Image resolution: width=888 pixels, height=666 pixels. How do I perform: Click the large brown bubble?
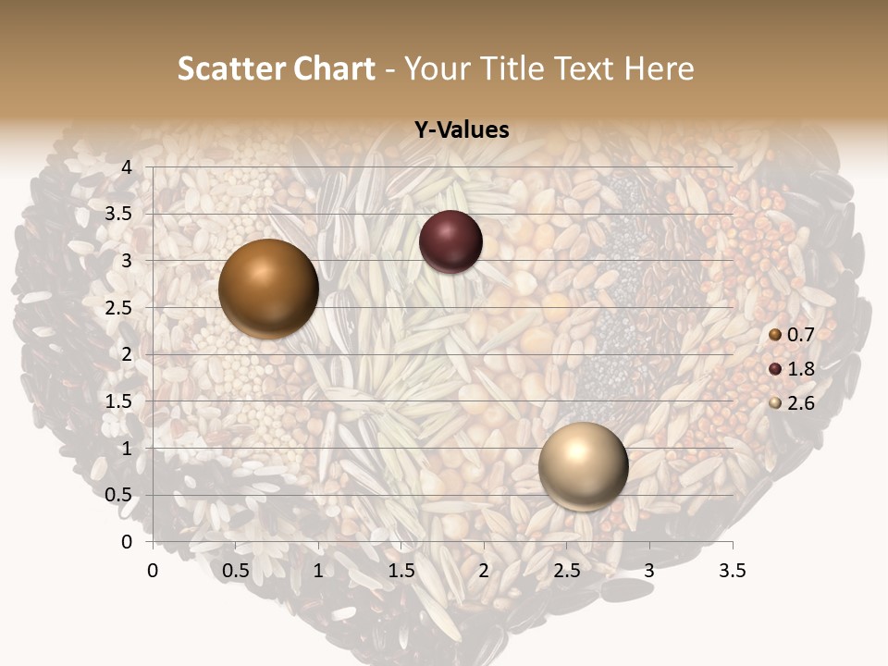tap(268, 289)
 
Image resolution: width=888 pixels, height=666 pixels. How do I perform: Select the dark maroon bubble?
tap(450, 241)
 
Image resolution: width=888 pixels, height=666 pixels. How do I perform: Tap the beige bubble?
tap(583, 466)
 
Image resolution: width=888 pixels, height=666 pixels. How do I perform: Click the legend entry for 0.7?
tap(792, 334)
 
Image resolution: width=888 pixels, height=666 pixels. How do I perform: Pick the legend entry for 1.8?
tap(792, 369)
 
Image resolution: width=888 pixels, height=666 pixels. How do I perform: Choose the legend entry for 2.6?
tap(792, 403)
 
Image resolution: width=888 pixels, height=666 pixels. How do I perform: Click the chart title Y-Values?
tap(461, 130)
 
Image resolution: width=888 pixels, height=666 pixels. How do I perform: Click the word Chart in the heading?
tap(334, 69)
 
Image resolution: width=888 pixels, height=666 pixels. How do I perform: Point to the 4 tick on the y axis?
tap(126, 167)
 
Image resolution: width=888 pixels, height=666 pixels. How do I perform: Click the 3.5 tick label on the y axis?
tap(117, 214)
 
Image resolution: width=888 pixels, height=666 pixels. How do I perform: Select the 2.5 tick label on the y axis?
tap(117, 308)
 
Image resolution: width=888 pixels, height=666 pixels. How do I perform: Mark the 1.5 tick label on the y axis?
tap(117, 401)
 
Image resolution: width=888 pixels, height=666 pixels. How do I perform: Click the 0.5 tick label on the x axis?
tap(236, 571)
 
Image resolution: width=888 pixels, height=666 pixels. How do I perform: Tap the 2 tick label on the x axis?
tap(484, 571)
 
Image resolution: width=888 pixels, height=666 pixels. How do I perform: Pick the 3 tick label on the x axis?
tap(649, 571)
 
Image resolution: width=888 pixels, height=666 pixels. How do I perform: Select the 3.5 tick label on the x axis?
tap(732, 571)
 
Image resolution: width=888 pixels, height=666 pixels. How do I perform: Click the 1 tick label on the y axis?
tap(126, 449)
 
